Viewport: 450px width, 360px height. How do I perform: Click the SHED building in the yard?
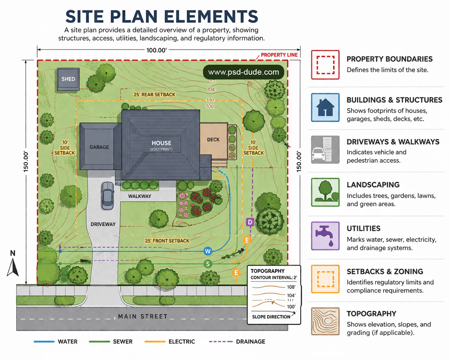tap(68, 79)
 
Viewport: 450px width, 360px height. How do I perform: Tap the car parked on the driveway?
tap(108, 195)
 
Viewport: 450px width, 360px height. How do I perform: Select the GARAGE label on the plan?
tap(99, 147)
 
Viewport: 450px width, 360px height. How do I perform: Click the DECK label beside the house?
tap(213, 140)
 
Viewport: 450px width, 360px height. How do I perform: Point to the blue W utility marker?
tap(208, 251)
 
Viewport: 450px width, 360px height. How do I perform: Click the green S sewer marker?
tap(208, 264)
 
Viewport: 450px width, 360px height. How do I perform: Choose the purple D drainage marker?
tap(250, 222)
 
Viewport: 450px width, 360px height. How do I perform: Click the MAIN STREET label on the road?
tap(142, 316)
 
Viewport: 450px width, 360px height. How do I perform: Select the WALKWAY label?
tap(139, 196)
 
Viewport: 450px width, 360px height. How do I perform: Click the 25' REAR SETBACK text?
tap(154, 95)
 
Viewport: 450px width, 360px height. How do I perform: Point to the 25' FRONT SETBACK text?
tap(167, 241)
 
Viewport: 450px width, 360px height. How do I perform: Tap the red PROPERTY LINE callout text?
tap(279, 55)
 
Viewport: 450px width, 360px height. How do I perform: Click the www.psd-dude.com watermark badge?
tap(243, 72)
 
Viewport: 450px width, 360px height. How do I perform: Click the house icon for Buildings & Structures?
tap(325, 107)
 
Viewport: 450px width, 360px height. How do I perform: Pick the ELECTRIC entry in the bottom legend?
tap(181, 342)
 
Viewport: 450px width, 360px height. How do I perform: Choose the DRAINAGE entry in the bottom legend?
tap(250, 342)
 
